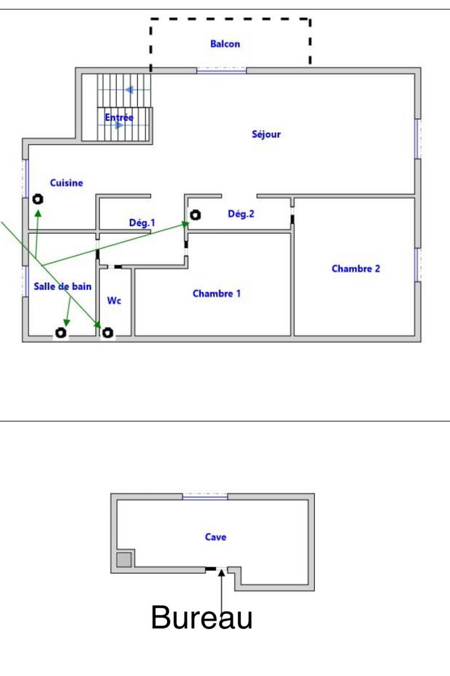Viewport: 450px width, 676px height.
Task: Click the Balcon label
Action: point(225,44)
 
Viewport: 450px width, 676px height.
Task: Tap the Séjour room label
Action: point(266,134)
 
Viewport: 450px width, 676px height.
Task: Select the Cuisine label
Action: point(66,183)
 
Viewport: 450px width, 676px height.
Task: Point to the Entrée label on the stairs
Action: point(119,117)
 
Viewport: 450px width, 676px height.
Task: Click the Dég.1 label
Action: point(142,223)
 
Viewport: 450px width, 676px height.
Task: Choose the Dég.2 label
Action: point(241,214)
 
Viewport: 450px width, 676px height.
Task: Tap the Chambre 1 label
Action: point(217,294)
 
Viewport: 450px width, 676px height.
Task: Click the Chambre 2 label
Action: point(355,269)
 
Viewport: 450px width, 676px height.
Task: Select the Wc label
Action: point(114,300)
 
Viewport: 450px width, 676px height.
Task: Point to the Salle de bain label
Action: point(62,286)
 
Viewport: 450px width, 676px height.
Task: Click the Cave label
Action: point(215,537)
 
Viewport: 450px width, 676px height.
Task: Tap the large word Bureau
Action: point(201,617)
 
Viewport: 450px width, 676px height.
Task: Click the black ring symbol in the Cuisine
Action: point(38,199)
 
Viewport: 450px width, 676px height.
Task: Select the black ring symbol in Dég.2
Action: point(195,215)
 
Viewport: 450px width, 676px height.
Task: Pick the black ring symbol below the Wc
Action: point(108,332)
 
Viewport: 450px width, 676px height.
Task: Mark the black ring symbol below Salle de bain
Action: point(61,332)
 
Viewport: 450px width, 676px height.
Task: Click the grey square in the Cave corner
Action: point(124,560)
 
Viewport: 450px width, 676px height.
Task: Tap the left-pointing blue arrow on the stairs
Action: point(129,90)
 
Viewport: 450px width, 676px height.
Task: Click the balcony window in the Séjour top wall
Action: point(222,71)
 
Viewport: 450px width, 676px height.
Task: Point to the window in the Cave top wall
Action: point(205,497)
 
